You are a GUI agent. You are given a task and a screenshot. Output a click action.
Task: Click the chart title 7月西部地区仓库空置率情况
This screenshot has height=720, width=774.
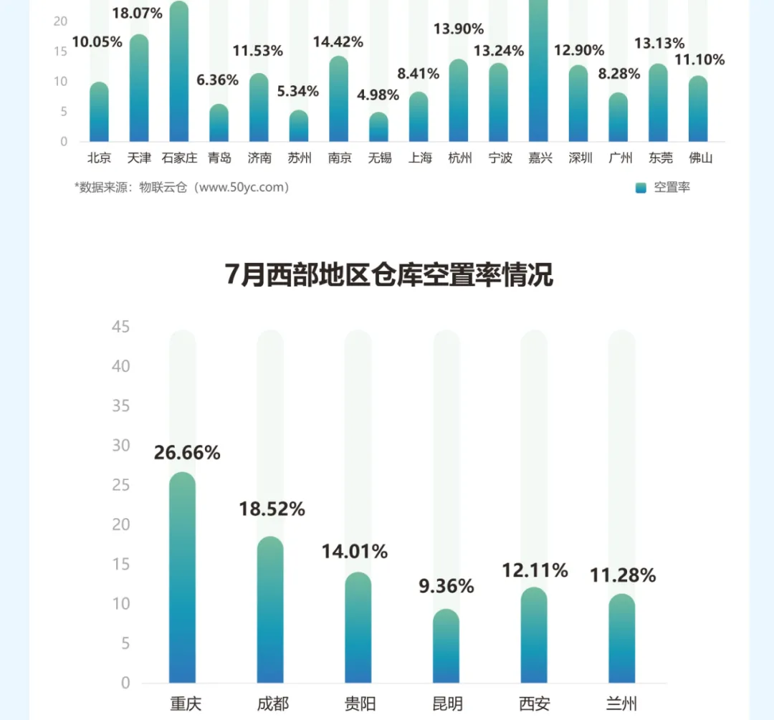pos(389,275)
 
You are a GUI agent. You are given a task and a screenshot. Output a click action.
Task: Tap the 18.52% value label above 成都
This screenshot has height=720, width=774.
pos(272,509)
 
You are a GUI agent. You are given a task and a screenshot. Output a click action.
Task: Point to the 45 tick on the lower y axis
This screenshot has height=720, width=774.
pos(121,327)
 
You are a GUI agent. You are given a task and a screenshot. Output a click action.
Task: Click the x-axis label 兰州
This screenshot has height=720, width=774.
pos(621,704)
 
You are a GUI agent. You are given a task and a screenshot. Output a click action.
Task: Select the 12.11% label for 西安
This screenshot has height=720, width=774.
pos(534,570)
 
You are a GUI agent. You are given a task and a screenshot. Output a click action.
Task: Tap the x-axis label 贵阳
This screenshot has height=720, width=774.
pos(359,704)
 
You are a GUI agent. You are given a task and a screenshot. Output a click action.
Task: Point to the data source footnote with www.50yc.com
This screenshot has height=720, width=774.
pos(182,188)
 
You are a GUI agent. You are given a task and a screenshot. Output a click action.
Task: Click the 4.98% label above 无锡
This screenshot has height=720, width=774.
pos(379,95)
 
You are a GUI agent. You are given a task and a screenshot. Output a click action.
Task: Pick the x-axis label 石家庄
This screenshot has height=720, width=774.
pos(179,158)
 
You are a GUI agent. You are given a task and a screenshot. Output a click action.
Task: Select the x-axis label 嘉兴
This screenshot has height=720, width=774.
pos(540,158)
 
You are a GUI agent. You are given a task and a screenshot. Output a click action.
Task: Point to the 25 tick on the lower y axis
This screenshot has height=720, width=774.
pos(121,485)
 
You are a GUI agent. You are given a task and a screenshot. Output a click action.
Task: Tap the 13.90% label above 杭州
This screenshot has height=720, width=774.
pos(459,29)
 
